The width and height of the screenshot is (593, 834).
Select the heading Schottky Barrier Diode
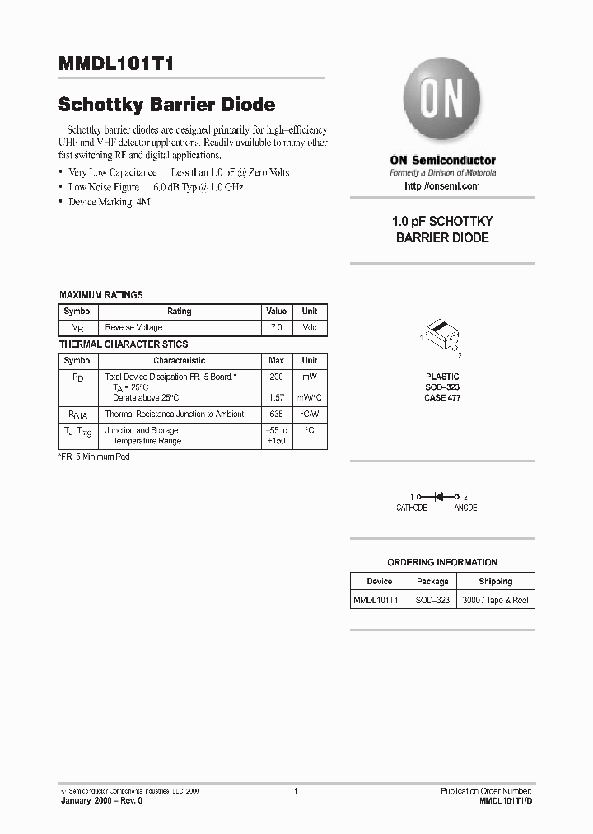pyautogui.click(x=166, y=105)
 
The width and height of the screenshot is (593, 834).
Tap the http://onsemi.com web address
pyautogui.click(x=442, y=186)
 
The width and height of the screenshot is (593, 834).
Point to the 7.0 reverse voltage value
pyautogui.click(x=276, y=327)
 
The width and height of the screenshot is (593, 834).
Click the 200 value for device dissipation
pyautogui.click(x=276, y=376)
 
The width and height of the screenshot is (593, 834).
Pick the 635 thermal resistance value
pyautogui.click(x=276, y=415)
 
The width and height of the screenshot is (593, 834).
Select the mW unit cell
pyautogui.click(x=310, y=376)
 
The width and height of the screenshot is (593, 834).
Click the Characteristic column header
pyautogui.click(x=179, y=360)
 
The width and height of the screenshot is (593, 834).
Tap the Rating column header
pyautogui.click(x=179, y=312)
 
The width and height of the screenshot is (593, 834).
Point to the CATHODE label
pyautogui.click(x=411, y=508)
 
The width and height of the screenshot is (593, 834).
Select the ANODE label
pyautogui.click(x=465, y=508)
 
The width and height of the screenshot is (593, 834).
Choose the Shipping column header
pyautogui.click(x=495, y=581)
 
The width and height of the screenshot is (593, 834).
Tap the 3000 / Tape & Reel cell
pyautogui.click(x=495, y=601)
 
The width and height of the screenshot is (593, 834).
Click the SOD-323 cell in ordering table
pyautogui.click(x=432, y=601)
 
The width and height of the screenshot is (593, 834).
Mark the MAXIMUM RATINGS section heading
pyautogui.click(x=101, y=294)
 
